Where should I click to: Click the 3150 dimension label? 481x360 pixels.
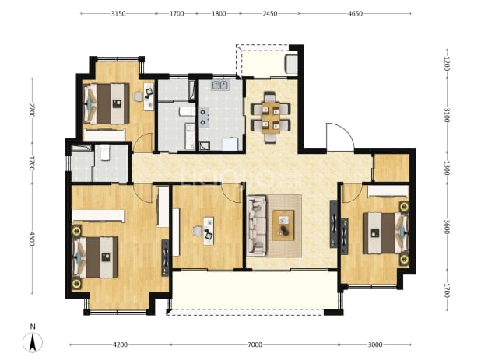[x=118, y=14]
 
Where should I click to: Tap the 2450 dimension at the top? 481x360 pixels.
[x=270, y=14]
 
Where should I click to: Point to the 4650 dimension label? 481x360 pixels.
[x=355, y=14]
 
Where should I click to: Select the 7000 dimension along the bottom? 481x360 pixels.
[x=255, y=344]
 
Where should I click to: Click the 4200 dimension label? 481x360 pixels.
[x=120, y=344]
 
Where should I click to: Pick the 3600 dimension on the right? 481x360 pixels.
[x=447, y=227]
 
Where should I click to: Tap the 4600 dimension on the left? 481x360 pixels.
[x=32, y=239]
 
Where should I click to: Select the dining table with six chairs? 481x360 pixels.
[x=270, y=117]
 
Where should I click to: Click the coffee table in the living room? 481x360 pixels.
[x=283, y=225]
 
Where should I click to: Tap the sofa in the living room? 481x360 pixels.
[x=256, y=226]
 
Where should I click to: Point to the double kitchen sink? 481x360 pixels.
[x=219, y=86]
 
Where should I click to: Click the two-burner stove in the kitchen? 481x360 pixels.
[x=205, y=117]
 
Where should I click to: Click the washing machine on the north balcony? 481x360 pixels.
[x=291, y=64]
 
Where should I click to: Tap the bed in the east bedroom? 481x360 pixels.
[x=386, y=232]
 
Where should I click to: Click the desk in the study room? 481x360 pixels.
[x=209, y=231]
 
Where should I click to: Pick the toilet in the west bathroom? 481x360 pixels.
[x=104, y=152]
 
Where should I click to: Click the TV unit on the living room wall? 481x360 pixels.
[x=333, y=224]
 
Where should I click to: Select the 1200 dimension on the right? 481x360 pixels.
[x=447, y=64]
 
